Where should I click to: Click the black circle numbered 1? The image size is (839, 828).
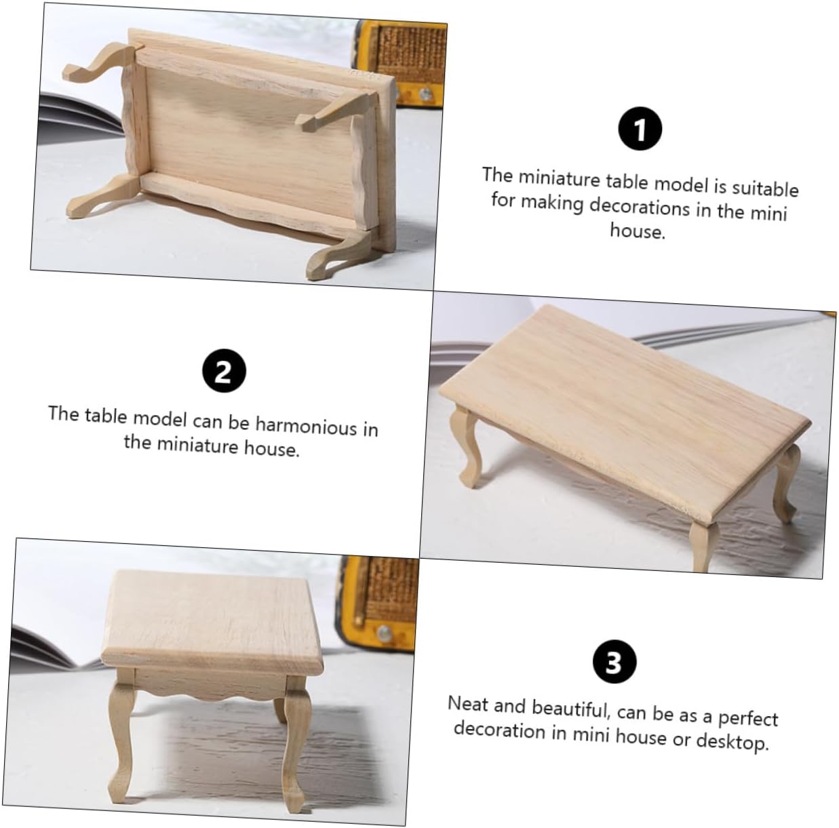[640, 129]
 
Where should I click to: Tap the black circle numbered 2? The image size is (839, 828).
[224, 371]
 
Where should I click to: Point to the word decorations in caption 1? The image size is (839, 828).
[640, 208]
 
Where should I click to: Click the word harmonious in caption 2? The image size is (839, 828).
[306, 425]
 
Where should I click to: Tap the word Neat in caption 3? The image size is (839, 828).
[468, 704]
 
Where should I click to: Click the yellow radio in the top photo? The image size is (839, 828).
[402, 61]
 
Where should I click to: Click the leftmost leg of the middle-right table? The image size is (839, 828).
[466, 443]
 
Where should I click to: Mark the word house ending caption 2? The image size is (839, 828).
[272, 447]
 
